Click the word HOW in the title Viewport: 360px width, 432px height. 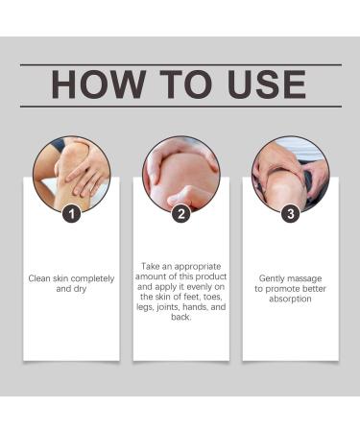[x=98, y=84]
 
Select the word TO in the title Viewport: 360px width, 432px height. [x=185, y=84]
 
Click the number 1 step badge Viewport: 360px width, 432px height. [x=71, y=213]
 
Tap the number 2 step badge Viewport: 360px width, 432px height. [x=181, y=214]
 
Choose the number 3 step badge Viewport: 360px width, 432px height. [x=291, y=214]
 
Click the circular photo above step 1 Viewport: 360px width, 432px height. [x=72, y=175]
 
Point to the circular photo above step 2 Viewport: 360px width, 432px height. [x=181, y=175]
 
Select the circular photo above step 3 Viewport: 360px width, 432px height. [x=291, y=175]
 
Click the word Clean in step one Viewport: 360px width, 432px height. [x=39, y=278]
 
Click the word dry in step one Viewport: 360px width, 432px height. [x=80, y=289]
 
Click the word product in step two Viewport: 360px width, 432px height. [x=211, y=276]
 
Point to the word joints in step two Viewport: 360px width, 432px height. [x=168, y=307]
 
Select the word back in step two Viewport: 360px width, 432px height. [x=180, y=317]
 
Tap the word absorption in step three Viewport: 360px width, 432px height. [x=290, y=300]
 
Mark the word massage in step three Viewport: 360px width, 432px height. [x=304, y=279]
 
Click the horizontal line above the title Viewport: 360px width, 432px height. [x=180, y=65]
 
